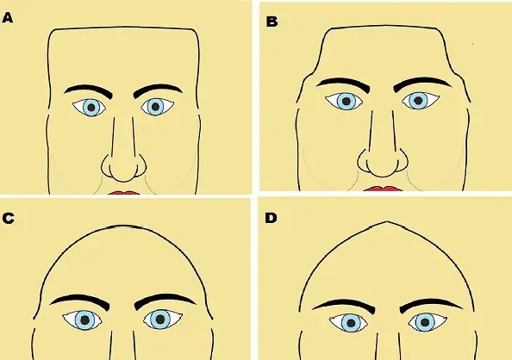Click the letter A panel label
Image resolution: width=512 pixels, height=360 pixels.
coord(7,17)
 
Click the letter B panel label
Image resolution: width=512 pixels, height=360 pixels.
coord(272,22)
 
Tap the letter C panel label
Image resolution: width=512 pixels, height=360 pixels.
coord(8,219)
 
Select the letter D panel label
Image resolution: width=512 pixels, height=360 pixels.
coord(271,218)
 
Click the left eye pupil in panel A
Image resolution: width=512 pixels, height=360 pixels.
coord(91,107)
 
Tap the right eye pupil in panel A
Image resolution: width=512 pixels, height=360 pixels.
coord(155,107)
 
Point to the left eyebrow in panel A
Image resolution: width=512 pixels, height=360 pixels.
coord(88,91)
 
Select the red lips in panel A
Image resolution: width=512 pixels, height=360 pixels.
coord(124,193)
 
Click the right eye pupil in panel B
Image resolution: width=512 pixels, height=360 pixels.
coord(418,101)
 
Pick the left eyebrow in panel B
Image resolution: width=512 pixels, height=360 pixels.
coord(343,84)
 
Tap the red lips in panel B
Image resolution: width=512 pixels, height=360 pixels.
coord(383,189)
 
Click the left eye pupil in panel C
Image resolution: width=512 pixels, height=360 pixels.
coord(84,320)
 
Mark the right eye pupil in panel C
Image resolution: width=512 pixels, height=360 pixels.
coord(160,320)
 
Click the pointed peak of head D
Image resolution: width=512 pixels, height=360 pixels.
coord(387,222)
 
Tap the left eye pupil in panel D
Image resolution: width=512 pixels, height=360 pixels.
coord(351,323)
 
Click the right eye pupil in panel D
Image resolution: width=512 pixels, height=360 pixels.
coord(425,322)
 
